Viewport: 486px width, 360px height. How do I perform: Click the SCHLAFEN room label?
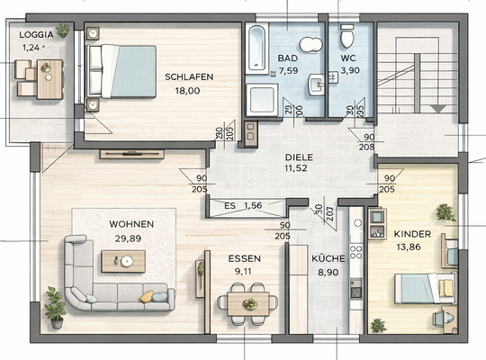coord(189,77)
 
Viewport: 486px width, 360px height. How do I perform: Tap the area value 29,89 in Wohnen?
coord(131,238)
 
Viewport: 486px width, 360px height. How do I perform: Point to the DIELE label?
coord(288,156)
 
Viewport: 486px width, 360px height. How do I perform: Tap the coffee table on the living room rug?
coord(122,261)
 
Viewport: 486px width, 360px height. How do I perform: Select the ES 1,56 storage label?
coord(241,206)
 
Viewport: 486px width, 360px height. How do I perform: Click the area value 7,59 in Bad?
coord(288,69)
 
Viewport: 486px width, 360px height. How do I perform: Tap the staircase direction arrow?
coord(440,107)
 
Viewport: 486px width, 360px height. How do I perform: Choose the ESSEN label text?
coord(244,256)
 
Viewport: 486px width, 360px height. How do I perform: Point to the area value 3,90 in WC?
coord(349,69)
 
